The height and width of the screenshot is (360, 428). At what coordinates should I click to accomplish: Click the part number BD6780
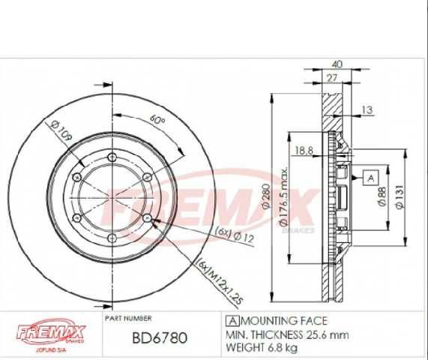click(x=160, y=338)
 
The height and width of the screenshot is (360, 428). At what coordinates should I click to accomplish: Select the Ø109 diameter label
click(x=61, y=133)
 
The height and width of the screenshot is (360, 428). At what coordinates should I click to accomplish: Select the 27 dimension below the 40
click(x=331, y=77)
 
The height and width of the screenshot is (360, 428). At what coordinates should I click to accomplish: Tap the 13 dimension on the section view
click(x=366, y=111)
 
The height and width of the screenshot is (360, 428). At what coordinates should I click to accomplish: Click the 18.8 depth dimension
click(x=304, y=150)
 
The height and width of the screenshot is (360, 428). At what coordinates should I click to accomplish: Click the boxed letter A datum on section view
click(x=370, y=177)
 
